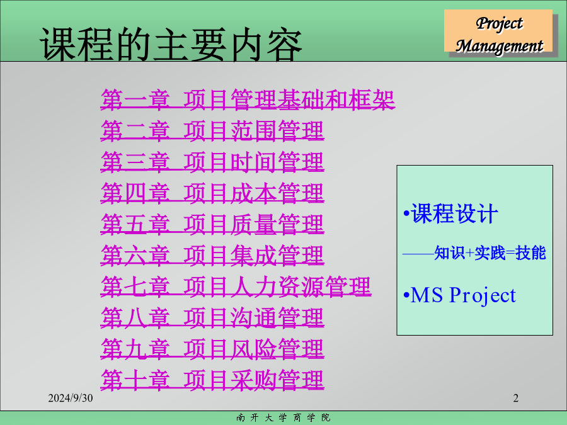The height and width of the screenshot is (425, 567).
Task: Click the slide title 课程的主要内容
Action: coord(171,44)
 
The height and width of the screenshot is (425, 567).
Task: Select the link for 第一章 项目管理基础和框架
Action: coord(248,99)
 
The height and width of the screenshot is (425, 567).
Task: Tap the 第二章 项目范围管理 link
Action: coord(212,130)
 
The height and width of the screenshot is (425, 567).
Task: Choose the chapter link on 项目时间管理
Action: coord(212,162)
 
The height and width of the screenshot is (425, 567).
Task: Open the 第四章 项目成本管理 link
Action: coord(212,193)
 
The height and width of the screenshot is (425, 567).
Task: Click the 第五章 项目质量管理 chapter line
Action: coord(212,224)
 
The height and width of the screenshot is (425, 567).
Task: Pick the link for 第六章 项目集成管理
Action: coord(212,255)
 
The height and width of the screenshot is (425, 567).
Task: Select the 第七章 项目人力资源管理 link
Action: coord(236,286)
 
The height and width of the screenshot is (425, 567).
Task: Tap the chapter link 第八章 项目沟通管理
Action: coord(212,317)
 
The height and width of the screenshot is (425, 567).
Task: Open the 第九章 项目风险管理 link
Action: coord(212,349)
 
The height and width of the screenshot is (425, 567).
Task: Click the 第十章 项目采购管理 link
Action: coord(212,380)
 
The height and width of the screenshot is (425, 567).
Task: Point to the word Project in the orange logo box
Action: coord(500,23)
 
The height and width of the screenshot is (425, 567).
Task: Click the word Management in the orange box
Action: coord(500,46)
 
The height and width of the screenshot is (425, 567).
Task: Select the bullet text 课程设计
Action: coord(454,213)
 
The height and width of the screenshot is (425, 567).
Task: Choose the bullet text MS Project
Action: coord(463,295)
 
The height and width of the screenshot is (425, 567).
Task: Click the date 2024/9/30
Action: coord(71,398)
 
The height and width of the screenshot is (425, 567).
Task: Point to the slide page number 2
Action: coord(515,398)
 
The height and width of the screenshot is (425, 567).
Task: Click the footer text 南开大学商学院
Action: coord(283,418)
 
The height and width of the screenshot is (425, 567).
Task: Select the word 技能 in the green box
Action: coord(530,252)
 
